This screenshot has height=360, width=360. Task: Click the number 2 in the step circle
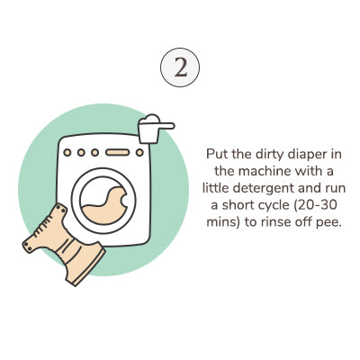(x=181, y=67)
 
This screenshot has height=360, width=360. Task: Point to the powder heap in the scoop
(x=150, y=118)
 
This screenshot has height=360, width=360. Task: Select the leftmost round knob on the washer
(x=67, y=152)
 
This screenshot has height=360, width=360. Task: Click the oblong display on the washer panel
(x=118, y=152)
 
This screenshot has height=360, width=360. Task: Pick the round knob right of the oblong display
(x=139, y=152)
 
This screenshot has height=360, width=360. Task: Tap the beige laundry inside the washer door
(x=104, y=205)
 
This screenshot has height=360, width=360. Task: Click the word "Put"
(x=215, y=154)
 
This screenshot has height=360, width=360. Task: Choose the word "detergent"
(x=264, y=189)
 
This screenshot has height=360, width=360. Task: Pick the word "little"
(x=216, y=188)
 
